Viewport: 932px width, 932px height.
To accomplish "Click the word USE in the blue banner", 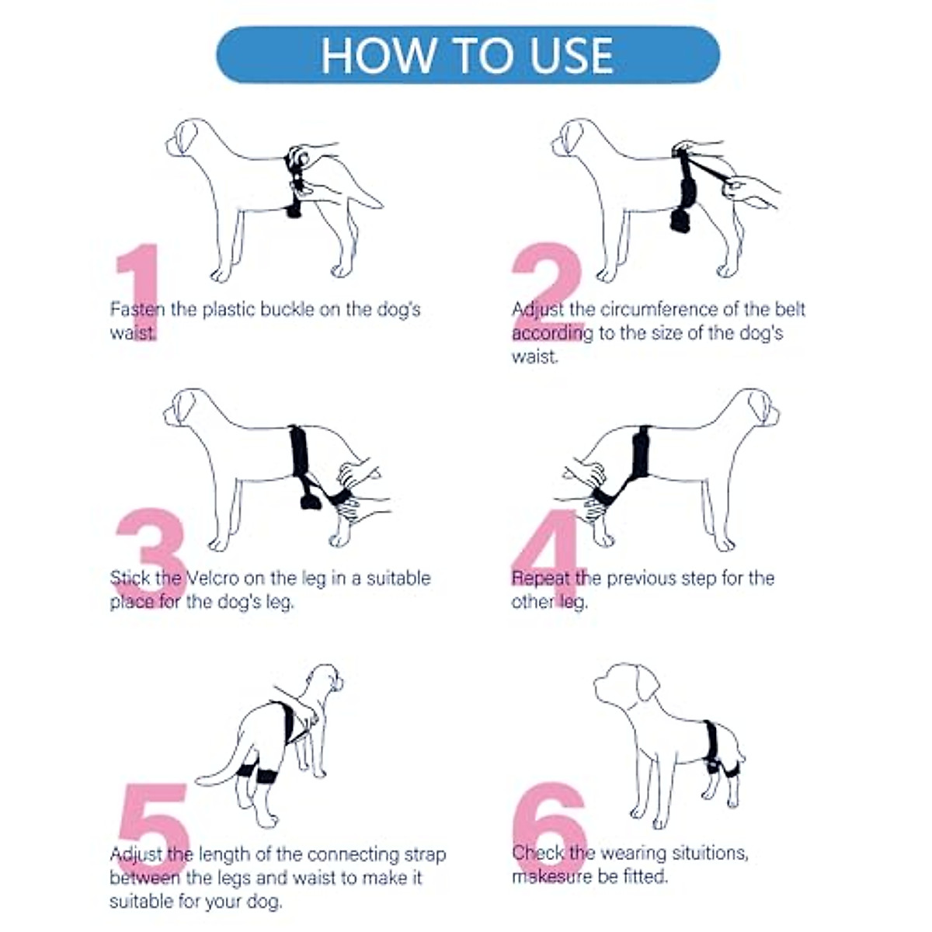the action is pyautogui.click(x=572, y=56).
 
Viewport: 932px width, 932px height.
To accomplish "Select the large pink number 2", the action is pyautogui.click(x=548, y=292).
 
